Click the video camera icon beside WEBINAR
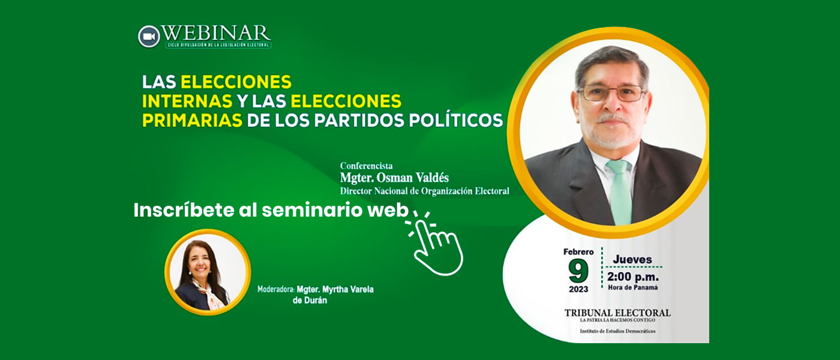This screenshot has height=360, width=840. click(x=149, y=36)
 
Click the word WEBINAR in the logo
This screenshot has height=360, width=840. click(x=217, y=33)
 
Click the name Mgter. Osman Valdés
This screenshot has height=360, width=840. click(x=394, y=178)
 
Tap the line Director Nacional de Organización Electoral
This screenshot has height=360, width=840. click(x=424, y=191)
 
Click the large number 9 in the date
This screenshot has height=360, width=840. click(x=578, y=271)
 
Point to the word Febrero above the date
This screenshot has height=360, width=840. click(x=578, y=252)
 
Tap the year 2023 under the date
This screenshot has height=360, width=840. click(x=578, y=289)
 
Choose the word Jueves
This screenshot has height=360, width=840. click(x=632, y=259)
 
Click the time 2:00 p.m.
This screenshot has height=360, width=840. click(x=632, y=277)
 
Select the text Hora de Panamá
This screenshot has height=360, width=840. click(x=632, y=287)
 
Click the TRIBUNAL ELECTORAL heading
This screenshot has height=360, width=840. click(x=617, y=313)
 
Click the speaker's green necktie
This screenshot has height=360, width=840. click(x=619, y=189)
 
